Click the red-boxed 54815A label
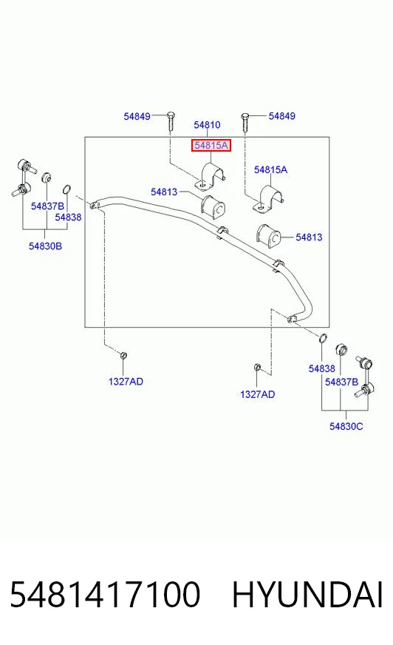point(211,145)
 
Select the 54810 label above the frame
point(207,125)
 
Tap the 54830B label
point(45,246)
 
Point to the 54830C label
point(346,426)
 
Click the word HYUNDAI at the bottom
point(307,595)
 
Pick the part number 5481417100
point(105,595)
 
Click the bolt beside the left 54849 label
point(171,121)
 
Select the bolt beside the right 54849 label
point(245,122)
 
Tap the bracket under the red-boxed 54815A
point(211,177)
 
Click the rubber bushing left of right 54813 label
point(268,236)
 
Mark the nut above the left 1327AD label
point(123,355)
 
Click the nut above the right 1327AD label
point(258,367)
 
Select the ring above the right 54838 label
point(323,338)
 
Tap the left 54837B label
point(47,206)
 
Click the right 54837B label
point(342,382)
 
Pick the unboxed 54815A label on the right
point(270,169)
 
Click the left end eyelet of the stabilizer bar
point(95,204)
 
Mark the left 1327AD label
point(126,382)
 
